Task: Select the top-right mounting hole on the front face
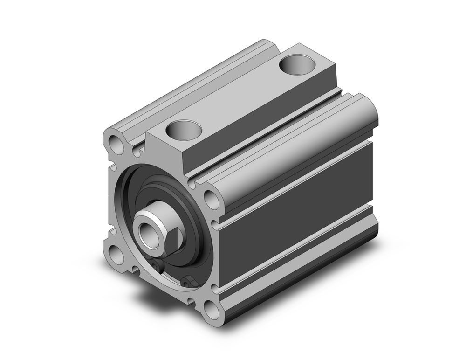coord(211,199)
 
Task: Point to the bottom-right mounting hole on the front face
coord(212,310)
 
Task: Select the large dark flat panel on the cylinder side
coord(298,219)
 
